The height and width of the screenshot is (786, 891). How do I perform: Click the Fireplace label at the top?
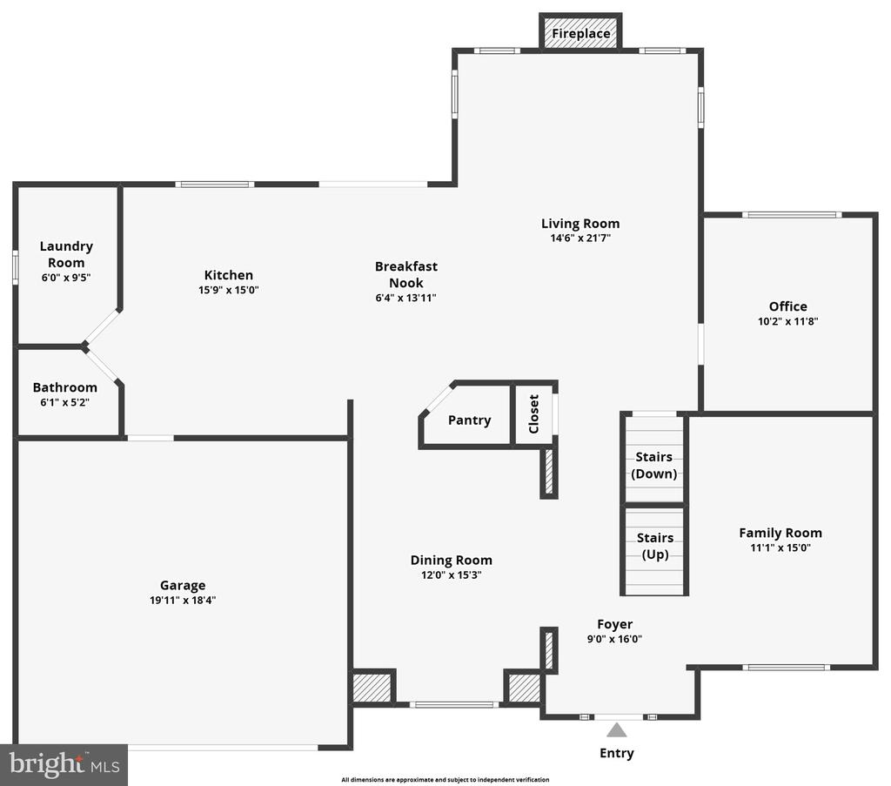pyautogui.click(x=580, y=34)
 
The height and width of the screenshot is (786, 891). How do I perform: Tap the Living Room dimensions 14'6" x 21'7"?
pyautogui.click(x=580, y=238)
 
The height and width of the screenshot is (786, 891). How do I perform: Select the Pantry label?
pyautogui.click(x=469, y=420)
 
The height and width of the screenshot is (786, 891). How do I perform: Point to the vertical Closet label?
pyautogui.click(x=533, y=413)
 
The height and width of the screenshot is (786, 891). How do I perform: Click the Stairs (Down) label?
pyautogui.click(x=654, y=465)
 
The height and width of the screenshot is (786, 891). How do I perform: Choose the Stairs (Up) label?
pyautogui.click(x=655, y=546)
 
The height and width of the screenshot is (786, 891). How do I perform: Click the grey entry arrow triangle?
pyautogui.click(x=617, y=729)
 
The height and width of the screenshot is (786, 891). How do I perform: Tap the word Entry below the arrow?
pyautogui.click(x=617, y=753)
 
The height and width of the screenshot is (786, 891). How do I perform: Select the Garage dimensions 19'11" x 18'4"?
pyautogui.click(x=183, y=600)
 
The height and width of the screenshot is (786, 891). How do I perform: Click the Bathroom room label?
pyautogui.click(x=64, y=387)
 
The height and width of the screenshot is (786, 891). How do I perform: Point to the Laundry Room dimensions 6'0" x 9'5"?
pyautogui.click(x=66, y=278)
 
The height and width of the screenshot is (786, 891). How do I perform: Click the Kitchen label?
pyautogui.click(x=229, y=275)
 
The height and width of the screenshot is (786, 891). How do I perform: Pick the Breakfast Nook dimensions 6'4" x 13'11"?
pyautogui.click(x=405, y=298)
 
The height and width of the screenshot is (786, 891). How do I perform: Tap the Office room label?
pyautogui.click(x=788, y=306)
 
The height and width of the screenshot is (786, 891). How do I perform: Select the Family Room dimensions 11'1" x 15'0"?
pyautogui.click(x=780, y=548)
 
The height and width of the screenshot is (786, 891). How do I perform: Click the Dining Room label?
pyautogui.click(x=452, y=561)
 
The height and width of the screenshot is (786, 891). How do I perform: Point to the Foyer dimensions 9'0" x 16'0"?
pyautogui.click(x=614, y=639)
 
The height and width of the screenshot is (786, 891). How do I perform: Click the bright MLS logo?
pyautogui.click(x=64, y=765)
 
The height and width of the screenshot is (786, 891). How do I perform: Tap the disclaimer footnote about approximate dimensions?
pyautogui.click(x=445, y=780)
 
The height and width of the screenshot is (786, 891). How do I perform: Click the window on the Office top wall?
pyautogui.click(x=792, y=215)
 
